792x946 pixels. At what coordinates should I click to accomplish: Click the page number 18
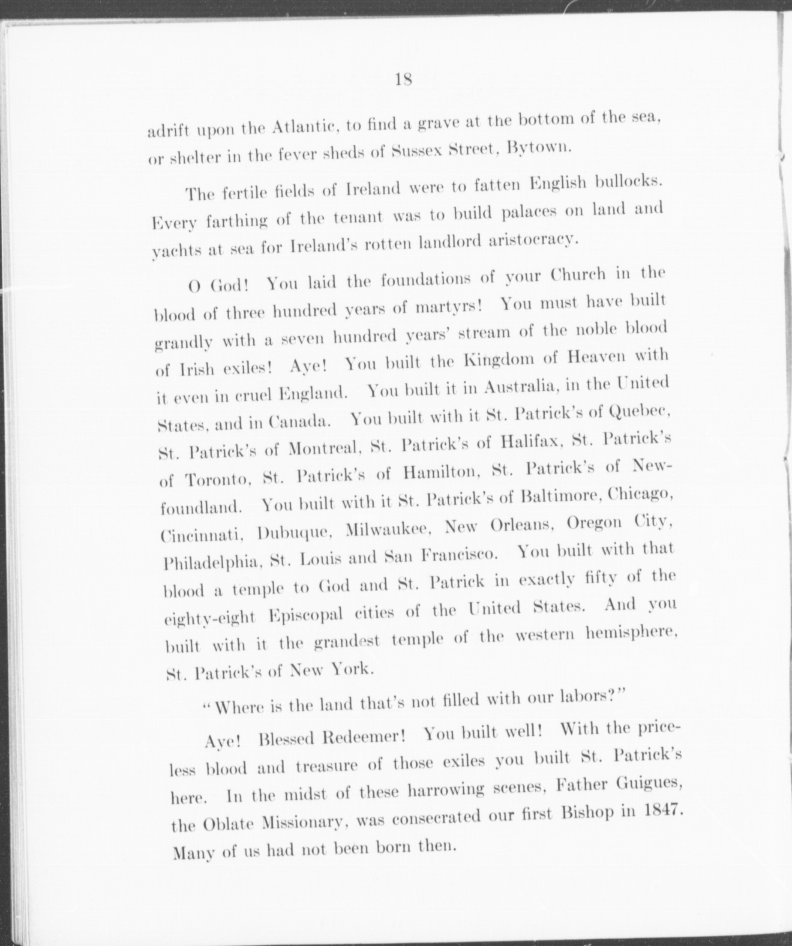(x=403, y=80)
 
